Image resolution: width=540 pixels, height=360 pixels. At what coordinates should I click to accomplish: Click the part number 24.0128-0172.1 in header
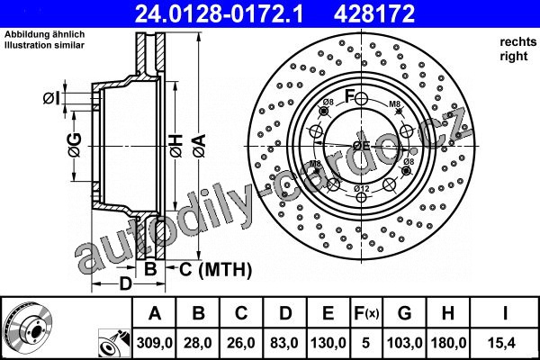(x=220, y=13)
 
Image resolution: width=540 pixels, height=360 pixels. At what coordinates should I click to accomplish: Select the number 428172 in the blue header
(x=374, y=13)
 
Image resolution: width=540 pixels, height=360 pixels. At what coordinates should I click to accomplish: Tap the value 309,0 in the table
(x=154, y=343)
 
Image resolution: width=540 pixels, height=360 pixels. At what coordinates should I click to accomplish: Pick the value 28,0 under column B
(x=198, y=343)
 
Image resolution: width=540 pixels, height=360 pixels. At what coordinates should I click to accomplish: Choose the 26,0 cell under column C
(x=241, y=343)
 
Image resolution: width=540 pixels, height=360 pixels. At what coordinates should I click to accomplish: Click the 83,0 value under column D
(x=284, y=343)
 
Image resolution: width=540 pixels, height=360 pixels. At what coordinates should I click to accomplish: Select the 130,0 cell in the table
(x=328, y=343)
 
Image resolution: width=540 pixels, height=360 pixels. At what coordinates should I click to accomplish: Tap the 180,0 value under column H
(x=448, y=343)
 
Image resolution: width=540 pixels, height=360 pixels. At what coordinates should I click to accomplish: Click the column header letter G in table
(x=404, y=313)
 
